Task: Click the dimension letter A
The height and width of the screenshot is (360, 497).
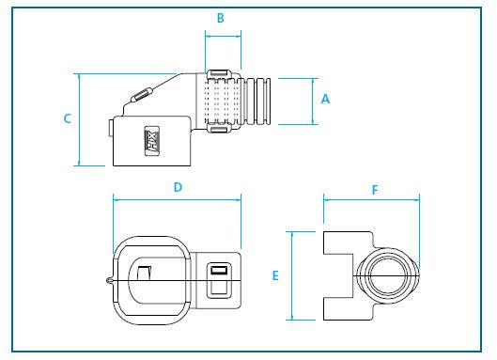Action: (325, 99)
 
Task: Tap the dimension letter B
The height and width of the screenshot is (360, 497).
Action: (221, 18)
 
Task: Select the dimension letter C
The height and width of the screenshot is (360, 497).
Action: (67, 118)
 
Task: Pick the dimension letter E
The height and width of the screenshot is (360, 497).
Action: (275, 276)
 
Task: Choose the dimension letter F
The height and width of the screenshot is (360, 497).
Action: (374, 189)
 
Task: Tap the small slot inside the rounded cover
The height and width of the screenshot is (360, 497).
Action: (144, 273)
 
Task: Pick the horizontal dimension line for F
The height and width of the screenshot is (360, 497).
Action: (371, 198)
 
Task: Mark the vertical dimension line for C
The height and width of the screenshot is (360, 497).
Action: (79, 118)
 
